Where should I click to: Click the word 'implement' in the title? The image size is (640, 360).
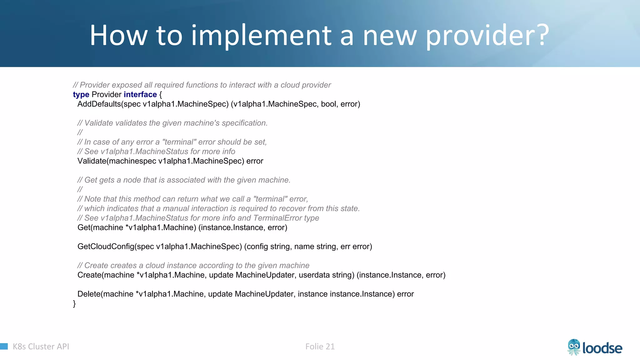(x=261, y=36)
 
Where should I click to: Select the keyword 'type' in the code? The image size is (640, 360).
(x=81, y=95)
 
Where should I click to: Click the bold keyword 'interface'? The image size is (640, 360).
(x=140, y=95)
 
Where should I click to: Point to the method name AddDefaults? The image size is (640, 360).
(x=99, y=104)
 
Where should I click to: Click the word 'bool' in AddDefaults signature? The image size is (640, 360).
(x=328, y=104)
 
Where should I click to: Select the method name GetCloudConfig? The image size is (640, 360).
(x=106, y=247)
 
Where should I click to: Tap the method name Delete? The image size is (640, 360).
(x=89, y=294)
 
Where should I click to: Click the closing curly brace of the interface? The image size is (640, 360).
(x=74, y=304)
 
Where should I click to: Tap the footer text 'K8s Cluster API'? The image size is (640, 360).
(x=41, y=347)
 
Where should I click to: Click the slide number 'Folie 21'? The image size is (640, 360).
(x=320, y=347)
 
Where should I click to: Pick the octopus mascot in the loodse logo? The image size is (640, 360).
(x=574, y=347)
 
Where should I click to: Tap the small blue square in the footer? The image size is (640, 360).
(x=4, y=346)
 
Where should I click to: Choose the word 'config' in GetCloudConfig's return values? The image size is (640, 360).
(x=257, y=247)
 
